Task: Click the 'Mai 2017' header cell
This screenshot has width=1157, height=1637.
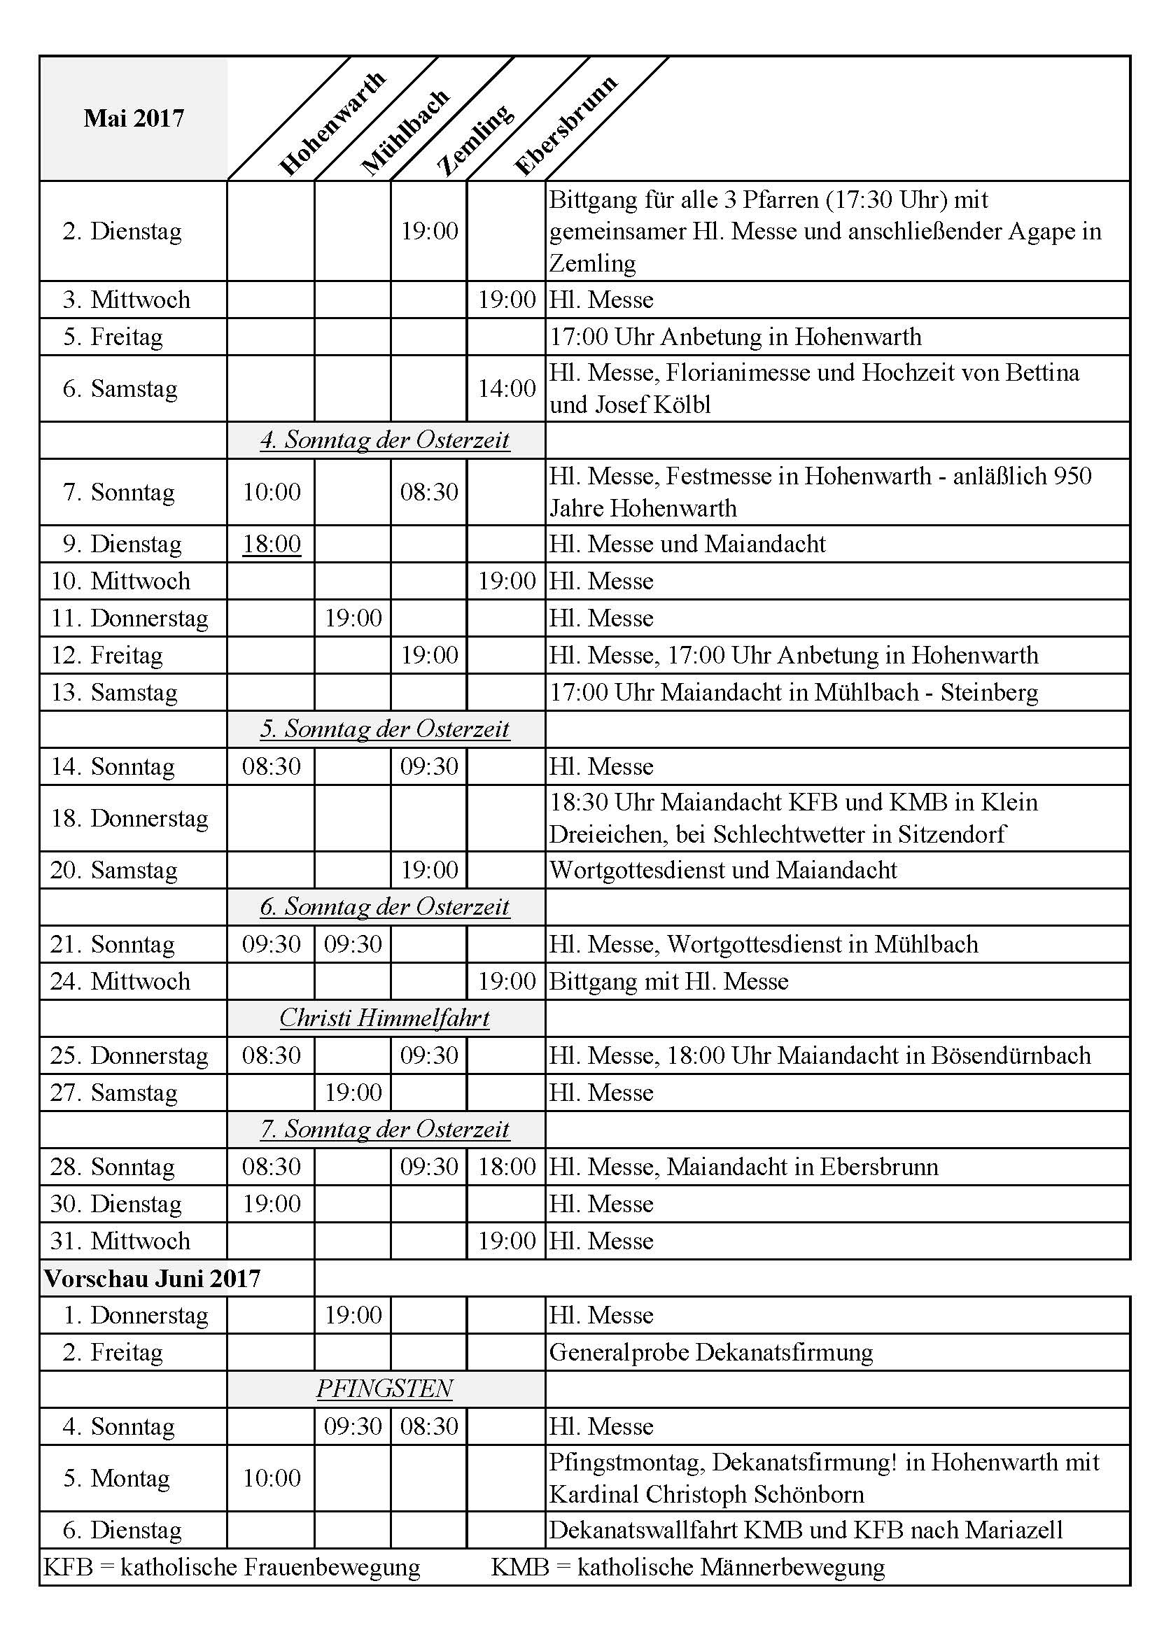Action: point(133,118)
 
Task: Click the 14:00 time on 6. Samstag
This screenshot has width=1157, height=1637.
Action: point(506,388)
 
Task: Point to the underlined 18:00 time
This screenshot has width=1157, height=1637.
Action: point(272,544)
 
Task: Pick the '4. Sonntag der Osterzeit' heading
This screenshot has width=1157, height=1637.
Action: point(385,440)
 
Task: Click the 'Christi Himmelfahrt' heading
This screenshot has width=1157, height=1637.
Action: point(385,1018)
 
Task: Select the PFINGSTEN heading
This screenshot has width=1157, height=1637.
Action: point(385,1389)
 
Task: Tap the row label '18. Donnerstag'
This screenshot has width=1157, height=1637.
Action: point(129,817)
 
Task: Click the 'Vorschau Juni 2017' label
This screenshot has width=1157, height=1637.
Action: point(152,1279)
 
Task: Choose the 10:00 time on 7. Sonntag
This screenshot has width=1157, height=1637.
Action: point(272,492)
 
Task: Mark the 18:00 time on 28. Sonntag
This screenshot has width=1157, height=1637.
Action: point(506,1167)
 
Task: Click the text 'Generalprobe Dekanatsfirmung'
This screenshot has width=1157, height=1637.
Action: point(710,1353)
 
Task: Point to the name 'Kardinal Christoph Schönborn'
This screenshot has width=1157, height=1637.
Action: point(706,1494)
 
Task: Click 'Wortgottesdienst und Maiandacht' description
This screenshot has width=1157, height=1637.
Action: point(723,870)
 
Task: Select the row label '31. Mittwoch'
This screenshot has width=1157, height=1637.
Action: point(120,1241)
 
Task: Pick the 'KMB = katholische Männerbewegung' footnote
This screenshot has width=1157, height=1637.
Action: point(687,1567)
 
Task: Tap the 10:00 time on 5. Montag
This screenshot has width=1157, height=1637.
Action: point(272,1478)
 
